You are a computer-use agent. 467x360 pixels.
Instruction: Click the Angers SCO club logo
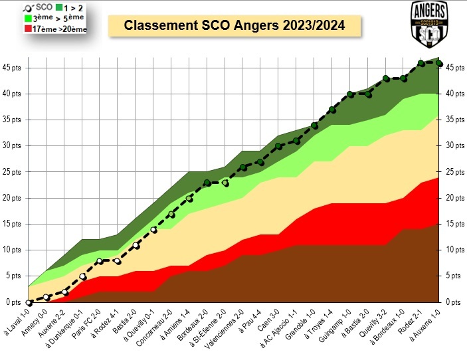point(430,24)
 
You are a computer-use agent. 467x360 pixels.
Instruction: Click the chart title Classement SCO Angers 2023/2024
point(234,25)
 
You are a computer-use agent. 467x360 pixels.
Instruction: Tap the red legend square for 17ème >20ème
point(28,29)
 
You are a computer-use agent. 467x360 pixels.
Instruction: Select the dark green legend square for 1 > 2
point(59,7)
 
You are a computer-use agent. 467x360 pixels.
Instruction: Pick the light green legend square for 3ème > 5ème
point(28,18)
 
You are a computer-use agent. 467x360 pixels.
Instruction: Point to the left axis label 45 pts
point(11,68)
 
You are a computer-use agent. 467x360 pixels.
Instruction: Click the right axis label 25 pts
point(455,172)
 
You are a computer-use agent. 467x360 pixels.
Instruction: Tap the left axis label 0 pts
point(13,302)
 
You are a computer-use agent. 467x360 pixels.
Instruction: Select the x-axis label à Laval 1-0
point(17,322)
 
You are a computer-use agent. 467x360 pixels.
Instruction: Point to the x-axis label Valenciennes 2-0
point(225,329)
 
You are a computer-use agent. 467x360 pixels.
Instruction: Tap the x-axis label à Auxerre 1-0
point(425,325)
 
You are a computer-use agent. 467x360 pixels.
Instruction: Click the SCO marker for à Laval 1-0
point(29,303)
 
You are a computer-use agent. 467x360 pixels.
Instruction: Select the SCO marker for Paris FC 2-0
point(100,261)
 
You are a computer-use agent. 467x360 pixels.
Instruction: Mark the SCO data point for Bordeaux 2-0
point(207,183)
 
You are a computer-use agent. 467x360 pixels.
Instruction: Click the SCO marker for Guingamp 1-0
point(350,94)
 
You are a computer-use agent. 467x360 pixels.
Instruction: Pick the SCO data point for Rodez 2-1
point(421,63)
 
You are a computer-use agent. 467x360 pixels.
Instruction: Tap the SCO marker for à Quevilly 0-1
point(153,230)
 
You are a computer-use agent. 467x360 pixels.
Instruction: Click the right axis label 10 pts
point(455,250)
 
